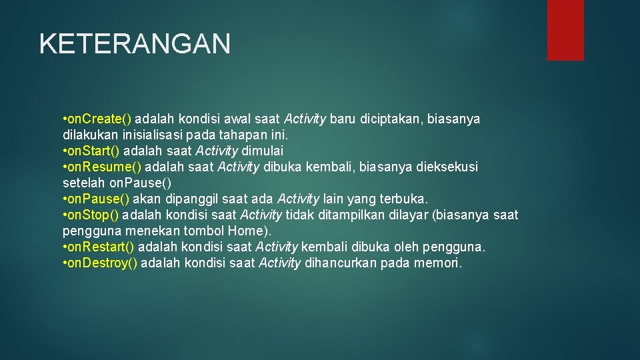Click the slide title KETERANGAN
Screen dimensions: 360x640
[135, 44]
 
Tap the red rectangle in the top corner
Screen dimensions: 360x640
[565, 30]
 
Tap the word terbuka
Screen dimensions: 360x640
[404, 199]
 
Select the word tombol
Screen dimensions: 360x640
[205, 231]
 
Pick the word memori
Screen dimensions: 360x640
[437, 263]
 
